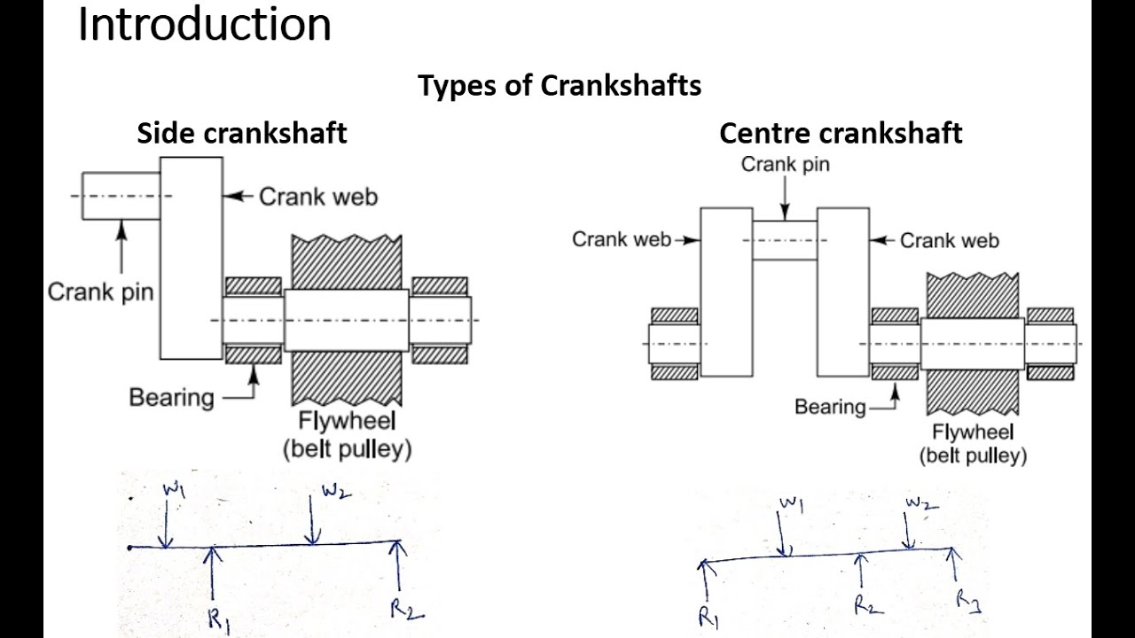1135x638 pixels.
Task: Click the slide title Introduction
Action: (204, 25)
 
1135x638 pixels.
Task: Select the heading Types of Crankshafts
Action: (560, 86)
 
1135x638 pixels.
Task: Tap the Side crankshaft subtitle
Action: (241, 133)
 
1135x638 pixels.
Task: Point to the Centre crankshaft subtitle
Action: (840, 133)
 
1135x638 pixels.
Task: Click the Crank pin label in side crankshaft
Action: (100, 292)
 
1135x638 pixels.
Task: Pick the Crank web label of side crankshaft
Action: (317, 196)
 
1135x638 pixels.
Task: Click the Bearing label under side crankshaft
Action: (171, 397)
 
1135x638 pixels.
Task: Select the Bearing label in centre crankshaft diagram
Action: (830, 407)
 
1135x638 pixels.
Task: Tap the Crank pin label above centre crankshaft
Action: (786, 164)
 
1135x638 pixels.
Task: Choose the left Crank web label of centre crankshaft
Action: (621, 239)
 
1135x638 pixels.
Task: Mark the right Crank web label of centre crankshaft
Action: (949, 240)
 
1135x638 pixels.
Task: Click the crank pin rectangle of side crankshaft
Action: (121, 195)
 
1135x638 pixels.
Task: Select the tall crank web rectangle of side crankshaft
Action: (191, 258)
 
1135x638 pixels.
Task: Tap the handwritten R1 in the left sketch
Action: (218, 618)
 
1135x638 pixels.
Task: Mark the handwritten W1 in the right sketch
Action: (791, 505)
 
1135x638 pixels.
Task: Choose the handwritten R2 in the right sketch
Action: (867, 604)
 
